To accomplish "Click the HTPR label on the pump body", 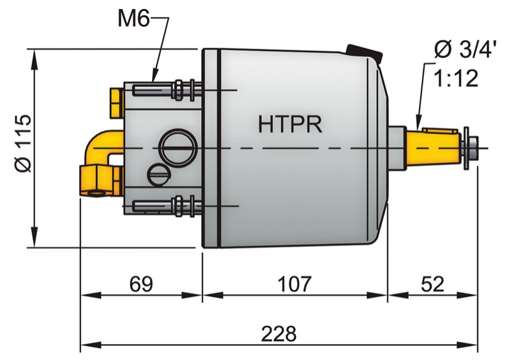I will [291, 123].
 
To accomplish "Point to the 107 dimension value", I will [294, 284].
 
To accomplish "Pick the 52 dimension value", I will [432, 284].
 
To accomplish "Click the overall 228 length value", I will [279, 333].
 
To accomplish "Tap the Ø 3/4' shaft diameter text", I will [464, 49].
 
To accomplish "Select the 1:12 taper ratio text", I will [456, 79].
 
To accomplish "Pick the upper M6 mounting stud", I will [166, 90].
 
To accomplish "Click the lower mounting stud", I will [166, 206].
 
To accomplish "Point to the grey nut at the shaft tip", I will [471, 147].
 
